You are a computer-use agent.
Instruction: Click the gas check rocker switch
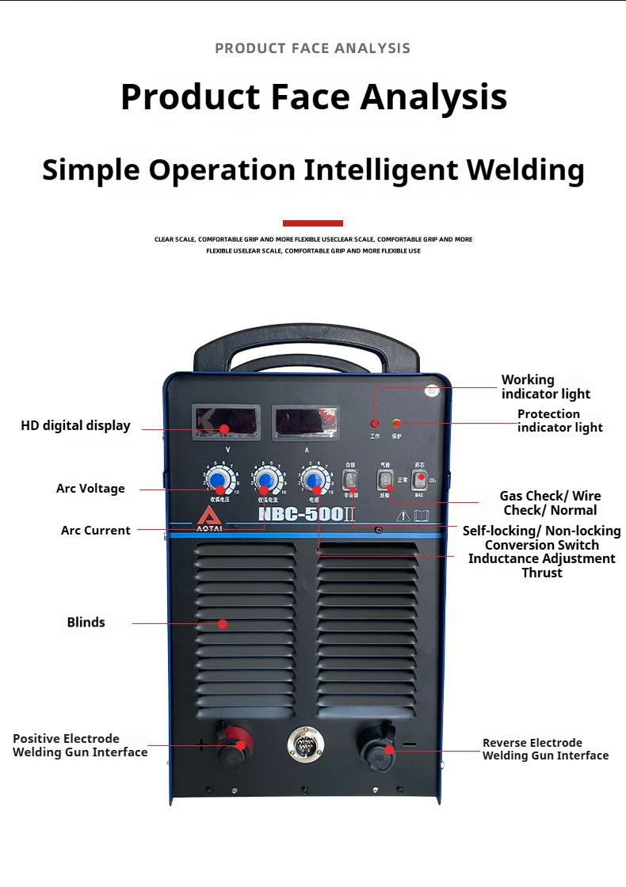[x=385, y=480]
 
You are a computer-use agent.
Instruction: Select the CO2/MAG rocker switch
[x=419, y=479]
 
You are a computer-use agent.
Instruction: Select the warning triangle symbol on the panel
[x=403, y=516]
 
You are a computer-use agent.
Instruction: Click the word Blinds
[x=86, y=622]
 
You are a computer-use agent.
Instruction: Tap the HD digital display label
[x=75, y=425]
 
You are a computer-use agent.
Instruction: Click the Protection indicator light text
[x=559, y=421]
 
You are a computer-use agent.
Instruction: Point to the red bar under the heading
[x=312, y=223]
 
